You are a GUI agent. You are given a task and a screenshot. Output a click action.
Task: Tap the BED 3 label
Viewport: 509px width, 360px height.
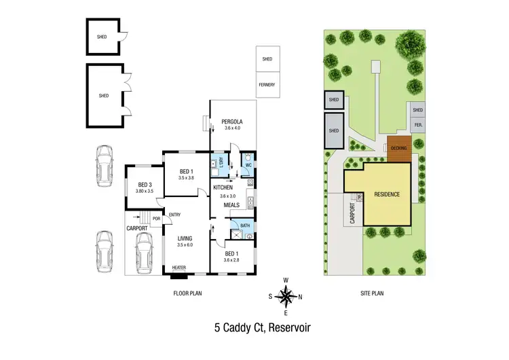[x=145, y=185]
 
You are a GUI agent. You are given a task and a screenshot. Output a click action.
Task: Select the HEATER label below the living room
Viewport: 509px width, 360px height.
[x=178, y=268]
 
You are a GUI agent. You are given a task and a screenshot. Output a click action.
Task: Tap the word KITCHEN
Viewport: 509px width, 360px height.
[x=224, y=187]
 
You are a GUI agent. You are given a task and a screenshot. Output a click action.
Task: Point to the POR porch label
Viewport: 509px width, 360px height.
[x=155, y=219]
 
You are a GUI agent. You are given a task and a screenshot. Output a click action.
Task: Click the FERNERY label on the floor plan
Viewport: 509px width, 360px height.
[x=267, y=85]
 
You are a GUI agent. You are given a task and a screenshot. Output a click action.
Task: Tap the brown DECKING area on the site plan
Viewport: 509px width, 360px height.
[x=398, y=147]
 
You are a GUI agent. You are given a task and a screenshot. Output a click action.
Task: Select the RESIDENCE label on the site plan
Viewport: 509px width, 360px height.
[x=387, y=194]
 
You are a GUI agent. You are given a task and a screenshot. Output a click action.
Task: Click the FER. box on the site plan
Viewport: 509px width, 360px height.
[x=419, y=125]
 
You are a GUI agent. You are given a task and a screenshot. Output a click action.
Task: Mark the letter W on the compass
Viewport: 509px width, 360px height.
[x=286, y=281]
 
